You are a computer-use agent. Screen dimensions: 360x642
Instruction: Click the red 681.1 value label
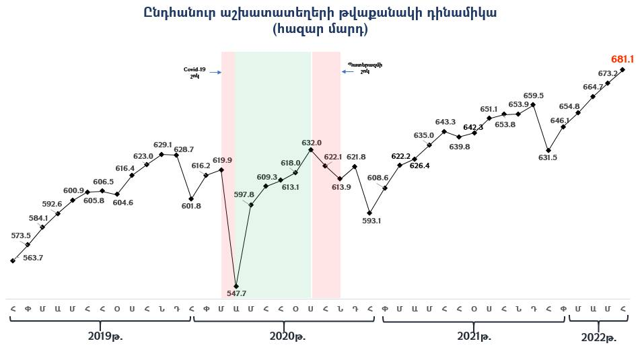pyautogui.click(x=622, y=59)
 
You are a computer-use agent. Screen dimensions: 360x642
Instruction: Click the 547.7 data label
pyautogui.click(x=236, y=293)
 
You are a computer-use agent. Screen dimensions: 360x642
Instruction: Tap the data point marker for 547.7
pyautogui.click(x=236, y=285)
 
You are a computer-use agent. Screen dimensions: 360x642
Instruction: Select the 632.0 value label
pyautogui.click(x=311, y=143)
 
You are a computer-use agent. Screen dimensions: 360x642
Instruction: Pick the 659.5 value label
pyautogui.click(x=534, y=96)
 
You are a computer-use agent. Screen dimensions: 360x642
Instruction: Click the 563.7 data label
pyautogui.click(x=32, y=258)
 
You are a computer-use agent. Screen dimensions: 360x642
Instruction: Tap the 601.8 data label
pyautogui.click(x=192, y=206)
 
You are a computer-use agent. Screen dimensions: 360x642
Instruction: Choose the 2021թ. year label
pyautogui.click(x=474, y=336)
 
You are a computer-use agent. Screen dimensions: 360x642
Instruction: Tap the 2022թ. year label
pyautogui.click(x=599, y=338)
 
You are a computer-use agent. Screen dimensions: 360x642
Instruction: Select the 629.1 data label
pyautogui.click(x=163, y=145)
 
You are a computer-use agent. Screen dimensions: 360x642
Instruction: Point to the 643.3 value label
pyautogui.click(x=445, y=122)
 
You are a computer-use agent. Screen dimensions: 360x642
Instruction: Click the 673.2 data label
pyautogui.click(x=608, y=73)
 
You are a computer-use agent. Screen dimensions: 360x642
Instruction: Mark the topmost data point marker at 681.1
pyautogui.click(x=623, y=69)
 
